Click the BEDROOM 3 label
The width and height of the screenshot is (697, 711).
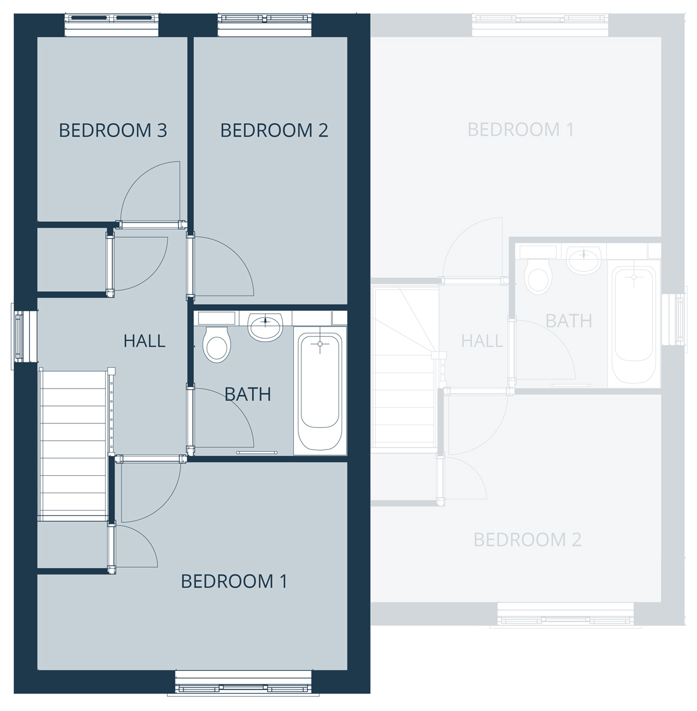(x=113, y=130)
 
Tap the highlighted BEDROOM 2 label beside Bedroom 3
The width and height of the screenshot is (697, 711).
(x=274, y=130)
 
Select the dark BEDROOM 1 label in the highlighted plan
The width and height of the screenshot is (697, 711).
(x=234, y=581)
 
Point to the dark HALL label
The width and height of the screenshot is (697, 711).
(x=144, y=341)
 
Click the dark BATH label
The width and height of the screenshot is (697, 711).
(x=248, y=394)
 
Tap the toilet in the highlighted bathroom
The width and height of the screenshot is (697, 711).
(x=217, y=344)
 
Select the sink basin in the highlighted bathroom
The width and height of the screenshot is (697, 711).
(x=265, y=326)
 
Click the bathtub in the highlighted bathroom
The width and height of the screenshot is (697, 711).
(x=320, y=391)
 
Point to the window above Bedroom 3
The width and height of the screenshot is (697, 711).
(x=112, y=25)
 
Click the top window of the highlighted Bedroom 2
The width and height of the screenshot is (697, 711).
(x=264, y=25)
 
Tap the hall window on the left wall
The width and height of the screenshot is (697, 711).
(x=24, y=336)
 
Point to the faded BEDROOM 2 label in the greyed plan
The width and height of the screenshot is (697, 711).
(x=527, y=540)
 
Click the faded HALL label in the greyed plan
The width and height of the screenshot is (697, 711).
(x=482, y=341)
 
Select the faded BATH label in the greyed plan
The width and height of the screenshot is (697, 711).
(x=569, y=321)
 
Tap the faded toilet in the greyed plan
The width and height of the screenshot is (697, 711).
(x=538, y=276)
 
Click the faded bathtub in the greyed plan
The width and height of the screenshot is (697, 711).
(x=634, y=324)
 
